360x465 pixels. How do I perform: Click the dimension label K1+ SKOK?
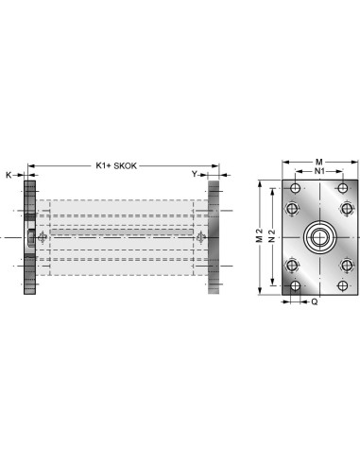coord(116,165)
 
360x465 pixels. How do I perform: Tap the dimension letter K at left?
coord(9,175)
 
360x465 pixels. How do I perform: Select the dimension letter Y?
coord(195,174)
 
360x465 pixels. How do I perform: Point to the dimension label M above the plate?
coord(319,162)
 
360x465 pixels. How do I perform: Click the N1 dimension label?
coord(319,171)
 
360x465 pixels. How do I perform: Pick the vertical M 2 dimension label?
coord(259,235)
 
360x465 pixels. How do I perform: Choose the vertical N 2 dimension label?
coord(272,235)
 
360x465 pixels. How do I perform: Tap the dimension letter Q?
coord(315,301)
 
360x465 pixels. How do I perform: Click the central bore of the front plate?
coord(319,237)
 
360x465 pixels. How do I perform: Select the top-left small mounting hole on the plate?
coord(295,188)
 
